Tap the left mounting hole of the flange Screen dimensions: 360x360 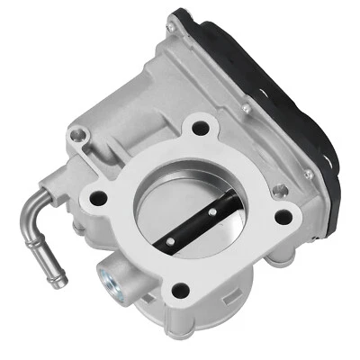(x=99, y=197)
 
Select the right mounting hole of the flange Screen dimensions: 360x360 (x=283, y=216)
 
